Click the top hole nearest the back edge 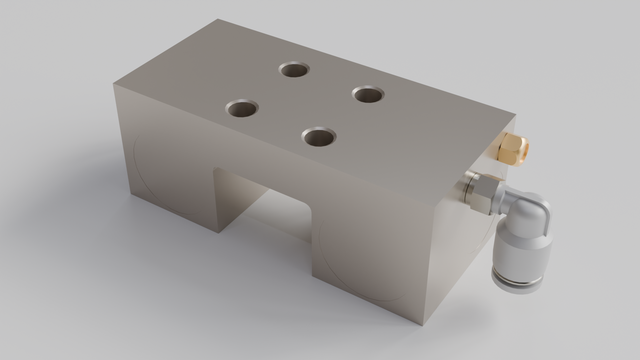(294, 70)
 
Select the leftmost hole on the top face (241, 107)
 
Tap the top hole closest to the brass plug (368, 95)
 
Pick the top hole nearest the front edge (319, 135)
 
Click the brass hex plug (510, 150)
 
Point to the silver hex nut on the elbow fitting (482, 189)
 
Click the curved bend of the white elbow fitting (530, 210)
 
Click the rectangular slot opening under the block (265, 210)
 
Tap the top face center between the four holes (305, 102)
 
